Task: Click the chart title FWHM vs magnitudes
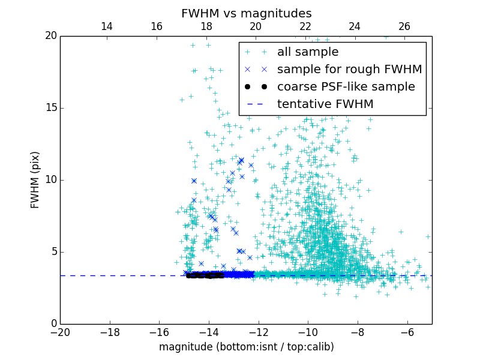[x=246, y=13]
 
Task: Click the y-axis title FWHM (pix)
[x=35, y=180]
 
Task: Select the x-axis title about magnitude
[x=246, y=347]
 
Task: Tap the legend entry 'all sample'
[x=308, y=52]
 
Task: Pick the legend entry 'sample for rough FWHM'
[x=349, y=70]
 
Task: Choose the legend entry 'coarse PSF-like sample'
[x=346, y=87]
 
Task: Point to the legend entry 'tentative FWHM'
[x=325, y=104]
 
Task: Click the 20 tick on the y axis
[x=50, y=36]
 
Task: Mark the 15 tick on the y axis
[x=50, y=108]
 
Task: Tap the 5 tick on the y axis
[x=53, y=252]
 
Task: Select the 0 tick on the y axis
[x=53, y=324]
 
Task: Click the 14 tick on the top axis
[x=107, y=26]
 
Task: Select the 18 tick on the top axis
[x=206, y=26]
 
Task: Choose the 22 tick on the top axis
[x=305, y=26]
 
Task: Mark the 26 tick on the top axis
[x=404, y=26]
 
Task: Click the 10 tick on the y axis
[x=50, y=180]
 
